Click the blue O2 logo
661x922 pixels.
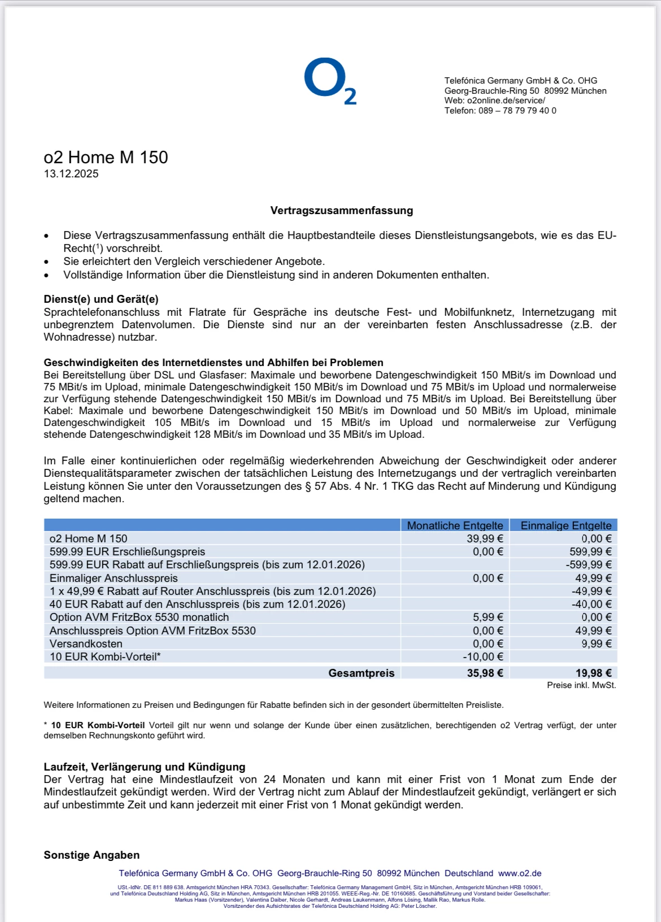pyautogui.click(x=330, y=82)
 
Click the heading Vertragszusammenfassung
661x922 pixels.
pyautogui.click(x=341, y=211)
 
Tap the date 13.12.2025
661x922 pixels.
pyautogui.click(x=71, y=174)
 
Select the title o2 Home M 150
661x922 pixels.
pyautogui.click(x=106, y=157)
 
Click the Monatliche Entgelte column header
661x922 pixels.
pyautogui.click(x=455, y=525)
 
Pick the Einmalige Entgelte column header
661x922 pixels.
pyautogui.click(x=566, y=525)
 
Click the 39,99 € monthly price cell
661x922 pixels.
pyautogui.click(x=485, y=538)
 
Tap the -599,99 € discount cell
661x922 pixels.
pyautogui.click(x=589, y=564)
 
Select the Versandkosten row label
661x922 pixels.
pyautogui.click(x=86, y=643)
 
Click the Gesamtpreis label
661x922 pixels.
pyautogui.click(x=361, y=673)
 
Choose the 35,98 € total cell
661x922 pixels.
pyautogui.click(x=485, y=673)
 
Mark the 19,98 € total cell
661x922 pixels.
pyautogui.click(x=593, y=673)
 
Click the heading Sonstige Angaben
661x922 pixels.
pyautogui.click(x=92, y=855)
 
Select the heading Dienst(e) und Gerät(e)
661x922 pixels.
pyautogui.click(x=101, y=299)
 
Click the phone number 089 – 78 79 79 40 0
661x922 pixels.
pyautogui.click(x=517, y=111)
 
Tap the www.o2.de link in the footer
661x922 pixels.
pyautogui.click(x=520, y=873)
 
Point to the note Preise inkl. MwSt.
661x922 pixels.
pyautogui.click(x=581, y=685)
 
